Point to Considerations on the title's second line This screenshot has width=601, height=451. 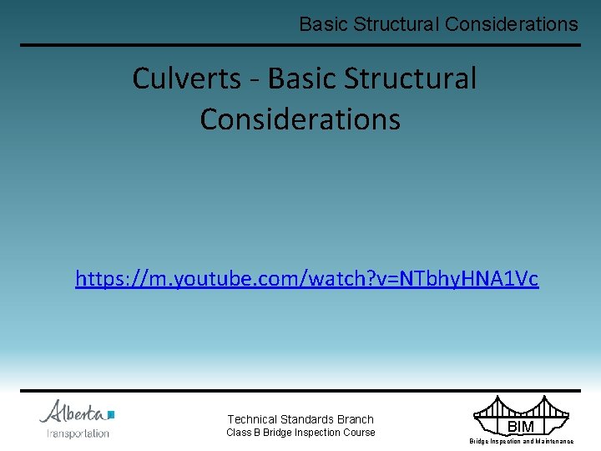[x=300, y=119]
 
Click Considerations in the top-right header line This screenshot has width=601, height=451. [x=511, y=24]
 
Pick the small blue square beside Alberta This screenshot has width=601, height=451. [x=111, y=413]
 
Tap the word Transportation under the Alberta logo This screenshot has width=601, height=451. [x=78, y=433]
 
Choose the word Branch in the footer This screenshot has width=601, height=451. [x=356, y=419]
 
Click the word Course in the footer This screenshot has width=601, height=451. [x=359, y=433]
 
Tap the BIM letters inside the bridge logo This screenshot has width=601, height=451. [x=521, y=427]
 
